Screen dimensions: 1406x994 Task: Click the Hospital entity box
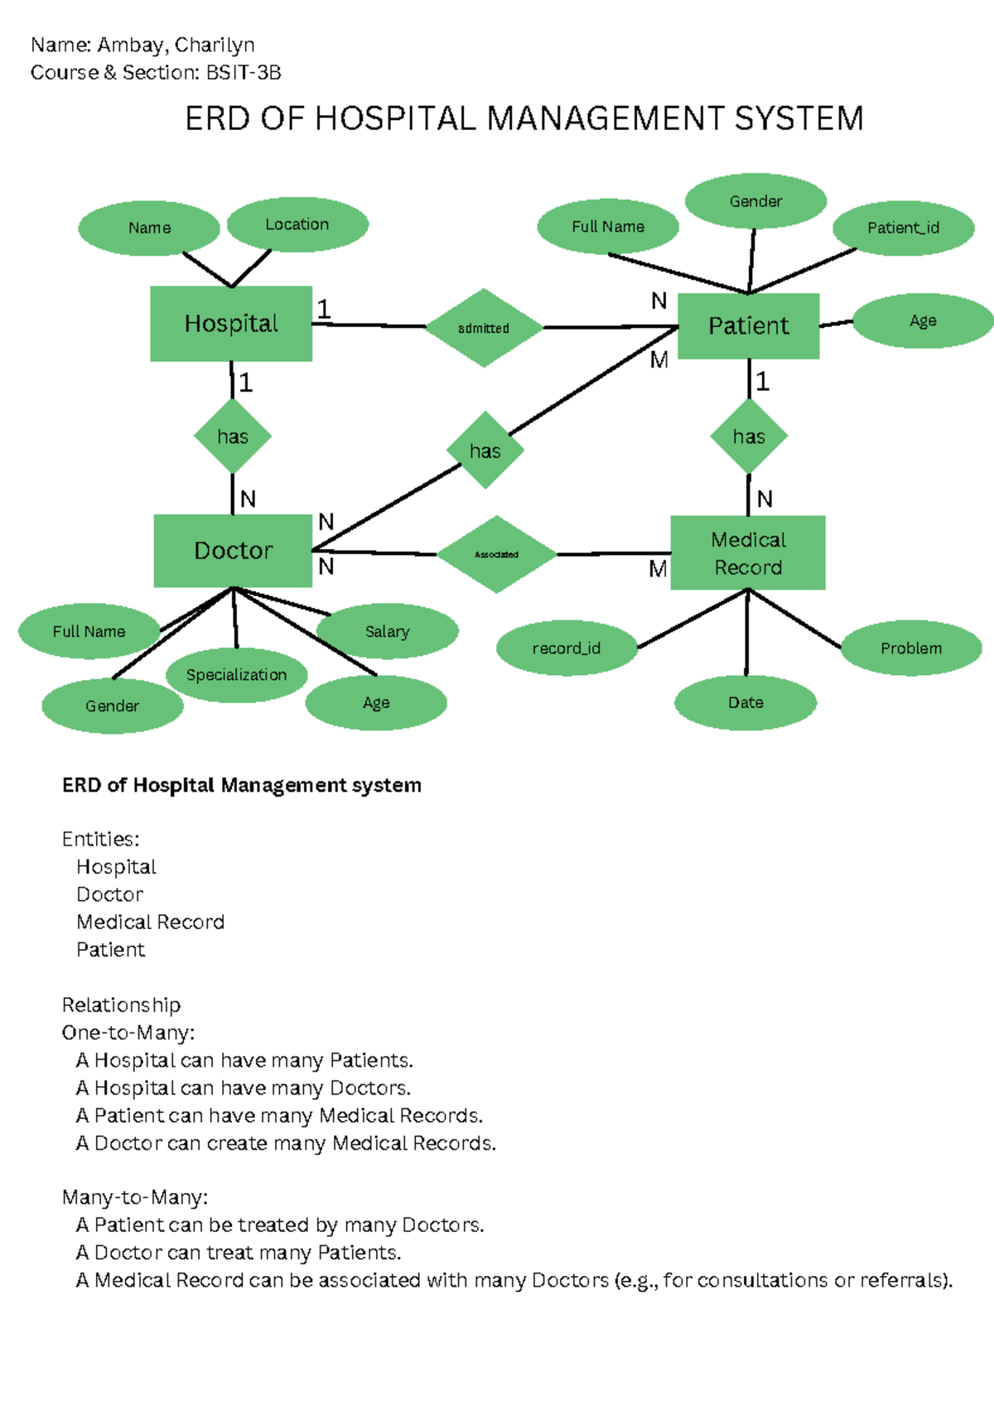click(x=231, y=324)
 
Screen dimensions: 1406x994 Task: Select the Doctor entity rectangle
click(x=233, y=551)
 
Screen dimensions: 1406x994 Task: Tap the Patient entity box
click(x=749, y=325)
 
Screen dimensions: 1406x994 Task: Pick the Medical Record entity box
click(x=748, y=553)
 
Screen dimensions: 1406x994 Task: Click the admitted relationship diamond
click(x=484, y=328)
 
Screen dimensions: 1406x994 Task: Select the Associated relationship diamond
click(x=496, y=554)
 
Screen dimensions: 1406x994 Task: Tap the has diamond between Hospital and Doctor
click(x=233, y=436)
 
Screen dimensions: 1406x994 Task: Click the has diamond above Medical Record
click(x=749, y=436)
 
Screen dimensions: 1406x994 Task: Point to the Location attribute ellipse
click(x=297, y=224)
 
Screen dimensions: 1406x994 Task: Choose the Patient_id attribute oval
click(x=903, y=228)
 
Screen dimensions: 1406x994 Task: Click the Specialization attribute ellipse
click(x=236, y=675)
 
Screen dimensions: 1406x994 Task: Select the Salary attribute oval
click(x=388, y=632)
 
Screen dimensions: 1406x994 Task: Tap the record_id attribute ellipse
click(x=567, y=648)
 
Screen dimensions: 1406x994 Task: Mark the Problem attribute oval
click(x=911, y=648)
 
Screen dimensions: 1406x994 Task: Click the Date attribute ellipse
click(x=745, y=702)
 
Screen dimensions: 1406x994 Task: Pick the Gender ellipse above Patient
click(x=755, y=201)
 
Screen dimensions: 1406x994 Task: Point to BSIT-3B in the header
click(x=244, y=73)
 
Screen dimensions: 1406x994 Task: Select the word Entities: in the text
click(x=100, y=840)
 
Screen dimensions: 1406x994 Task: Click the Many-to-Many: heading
click(x=135, y=1197)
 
